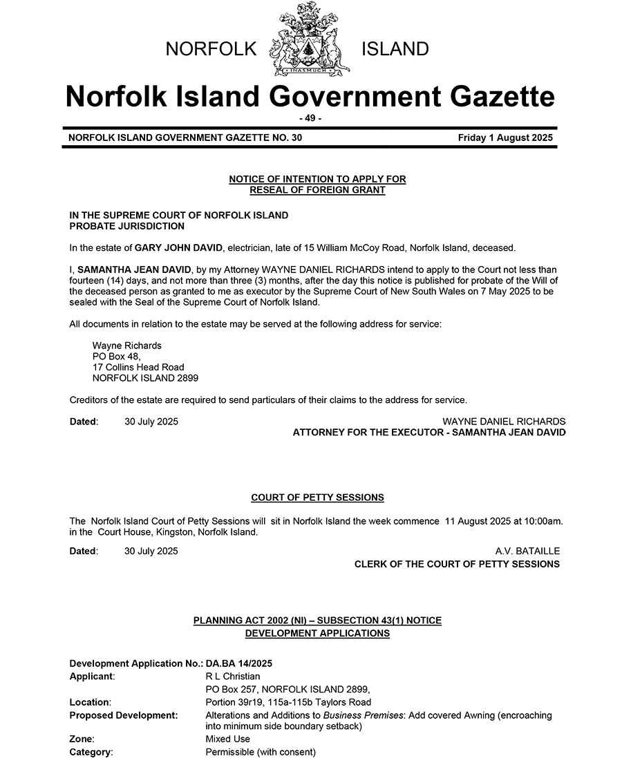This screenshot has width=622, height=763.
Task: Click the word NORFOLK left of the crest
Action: coord(211,49)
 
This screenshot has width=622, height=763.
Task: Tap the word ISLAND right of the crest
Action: coord(395,49)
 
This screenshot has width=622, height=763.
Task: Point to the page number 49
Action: coord(310,118)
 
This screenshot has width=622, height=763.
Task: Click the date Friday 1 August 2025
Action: coord(505,138)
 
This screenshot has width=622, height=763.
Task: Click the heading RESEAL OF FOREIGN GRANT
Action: coord(317,190)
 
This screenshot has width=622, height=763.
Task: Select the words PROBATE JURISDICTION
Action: coord(127,226)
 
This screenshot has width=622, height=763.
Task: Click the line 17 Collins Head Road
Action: coord(138,367)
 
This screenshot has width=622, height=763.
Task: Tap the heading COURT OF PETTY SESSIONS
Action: coord(317,498)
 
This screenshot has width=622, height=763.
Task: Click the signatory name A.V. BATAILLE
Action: coord(527,551)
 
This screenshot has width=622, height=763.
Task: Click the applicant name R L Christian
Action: coord(233,676)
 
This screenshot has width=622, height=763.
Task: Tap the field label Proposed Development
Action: coord(124,715)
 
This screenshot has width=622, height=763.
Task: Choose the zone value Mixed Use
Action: coord(228,739)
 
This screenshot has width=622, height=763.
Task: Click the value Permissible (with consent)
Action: coord(261,752)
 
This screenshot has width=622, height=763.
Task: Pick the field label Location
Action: coord(90,702)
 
